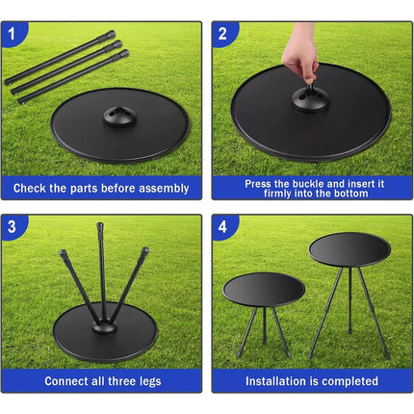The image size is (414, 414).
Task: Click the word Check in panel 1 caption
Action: point(34,188)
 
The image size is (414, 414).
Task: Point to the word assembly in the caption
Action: point(163,188)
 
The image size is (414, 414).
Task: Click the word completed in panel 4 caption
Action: point(350,381)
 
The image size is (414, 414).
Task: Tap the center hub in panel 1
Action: point(119,116)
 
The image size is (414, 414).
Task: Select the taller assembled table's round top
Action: point(349,247)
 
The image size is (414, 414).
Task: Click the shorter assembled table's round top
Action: point(264,287)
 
